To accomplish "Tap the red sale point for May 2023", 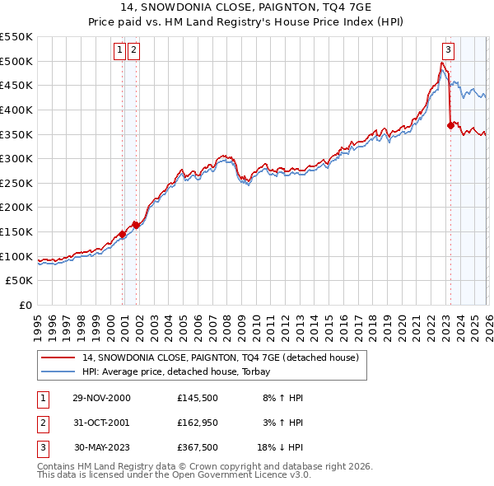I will pyautogui.click(x=450, y=125).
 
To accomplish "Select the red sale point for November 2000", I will pyautogui.click(x=123, y=234).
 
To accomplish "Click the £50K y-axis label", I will pyautogui.click(x=20, y=281).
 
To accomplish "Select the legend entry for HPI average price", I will pyautogui.click(x=182, y=372).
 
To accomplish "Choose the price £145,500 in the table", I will pyautogui.click(x=197, y=398).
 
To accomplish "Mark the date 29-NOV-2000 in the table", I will pyautogui.click(x=100, y=398).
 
